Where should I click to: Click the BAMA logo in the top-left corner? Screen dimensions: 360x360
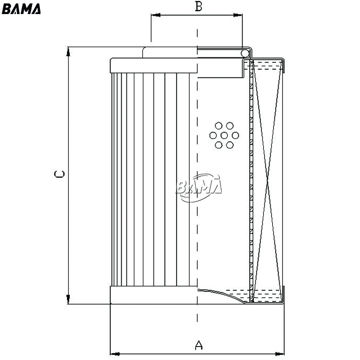pyautogui.click(x=21, y=9)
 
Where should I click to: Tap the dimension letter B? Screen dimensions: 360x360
pyautogui.click(x=199, y=6)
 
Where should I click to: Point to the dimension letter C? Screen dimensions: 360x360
pyautogui.click(x=59, y=174)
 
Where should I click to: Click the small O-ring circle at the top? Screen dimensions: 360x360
pyautogui.click(x=245, y=53)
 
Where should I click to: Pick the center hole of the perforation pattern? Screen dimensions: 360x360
pyautogui.click(x=224, y=136)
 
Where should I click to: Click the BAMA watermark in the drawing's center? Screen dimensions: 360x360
pyautogui.click(x=199, y=187)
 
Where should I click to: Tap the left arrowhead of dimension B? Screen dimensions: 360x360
pyautogui.click(x=156, y=15)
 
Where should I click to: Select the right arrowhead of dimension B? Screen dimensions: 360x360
pyautogui.click(x=238, y=15)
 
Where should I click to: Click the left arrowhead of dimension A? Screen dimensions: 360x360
pyautogui.click(x=115, y=354)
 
